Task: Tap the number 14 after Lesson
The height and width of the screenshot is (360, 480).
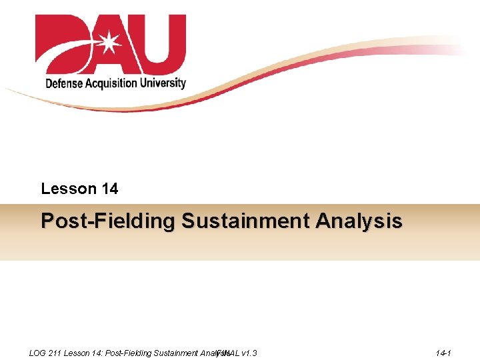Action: point(110,189)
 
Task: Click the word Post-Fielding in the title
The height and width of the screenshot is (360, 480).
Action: point(108,221)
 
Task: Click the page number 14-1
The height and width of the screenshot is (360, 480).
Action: point(442,352)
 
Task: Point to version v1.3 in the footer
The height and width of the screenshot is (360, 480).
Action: point(250,352)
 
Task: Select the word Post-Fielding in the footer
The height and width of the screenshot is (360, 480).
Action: point(127,352)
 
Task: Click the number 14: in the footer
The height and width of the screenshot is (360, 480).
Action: point(100,352)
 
